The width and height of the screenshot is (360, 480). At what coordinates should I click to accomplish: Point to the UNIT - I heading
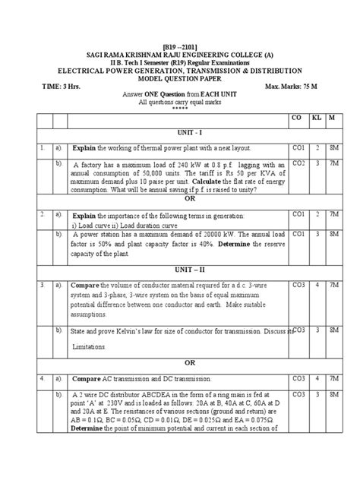(x=180, y=132)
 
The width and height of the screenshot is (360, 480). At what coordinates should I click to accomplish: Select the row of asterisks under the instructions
(x=180, y=107)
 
